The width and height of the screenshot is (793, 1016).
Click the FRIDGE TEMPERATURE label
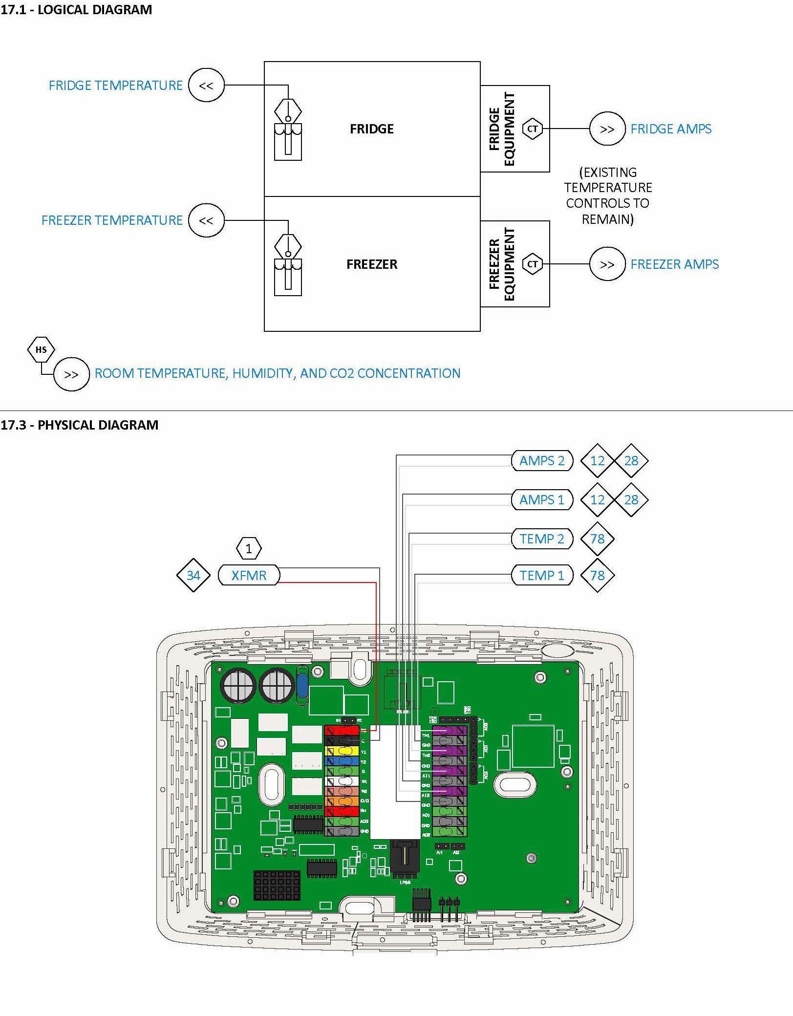coord(115,86)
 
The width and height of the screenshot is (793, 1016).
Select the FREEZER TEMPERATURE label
coord(112,220)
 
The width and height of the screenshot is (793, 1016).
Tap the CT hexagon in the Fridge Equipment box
coord(532,129)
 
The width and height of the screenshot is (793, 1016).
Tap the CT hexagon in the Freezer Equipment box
coord(532,264)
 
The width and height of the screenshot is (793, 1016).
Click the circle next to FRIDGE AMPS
coord(607,129)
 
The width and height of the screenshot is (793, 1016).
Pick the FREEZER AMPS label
coord(674,264)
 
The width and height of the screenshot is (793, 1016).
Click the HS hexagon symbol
coord(41,349)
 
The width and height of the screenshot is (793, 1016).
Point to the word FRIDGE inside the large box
coord(371,129)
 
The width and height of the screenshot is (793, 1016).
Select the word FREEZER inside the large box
coord(371,264)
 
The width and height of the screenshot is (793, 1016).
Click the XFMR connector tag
coord(249,575)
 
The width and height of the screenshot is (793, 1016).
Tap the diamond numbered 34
coord(193,575)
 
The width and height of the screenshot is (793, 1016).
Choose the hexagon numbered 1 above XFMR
coord(249,548)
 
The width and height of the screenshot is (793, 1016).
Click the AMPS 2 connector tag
coord(541,461)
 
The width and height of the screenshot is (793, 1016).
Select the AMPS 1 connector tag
coord(541,500)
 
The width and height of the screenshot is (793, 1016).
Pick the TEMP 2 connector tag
coord(541,539)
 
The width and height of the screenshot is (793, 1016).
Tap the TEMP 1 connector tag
coord(541,575)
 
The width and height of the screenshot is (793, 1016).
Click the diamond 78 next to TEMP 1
coord(597,575)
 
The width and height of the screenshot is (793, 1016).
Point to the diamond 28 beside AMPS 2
coord(631,461)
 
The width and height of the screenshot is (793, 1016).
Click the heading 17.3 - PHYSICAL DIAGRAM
coord(80,425)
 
